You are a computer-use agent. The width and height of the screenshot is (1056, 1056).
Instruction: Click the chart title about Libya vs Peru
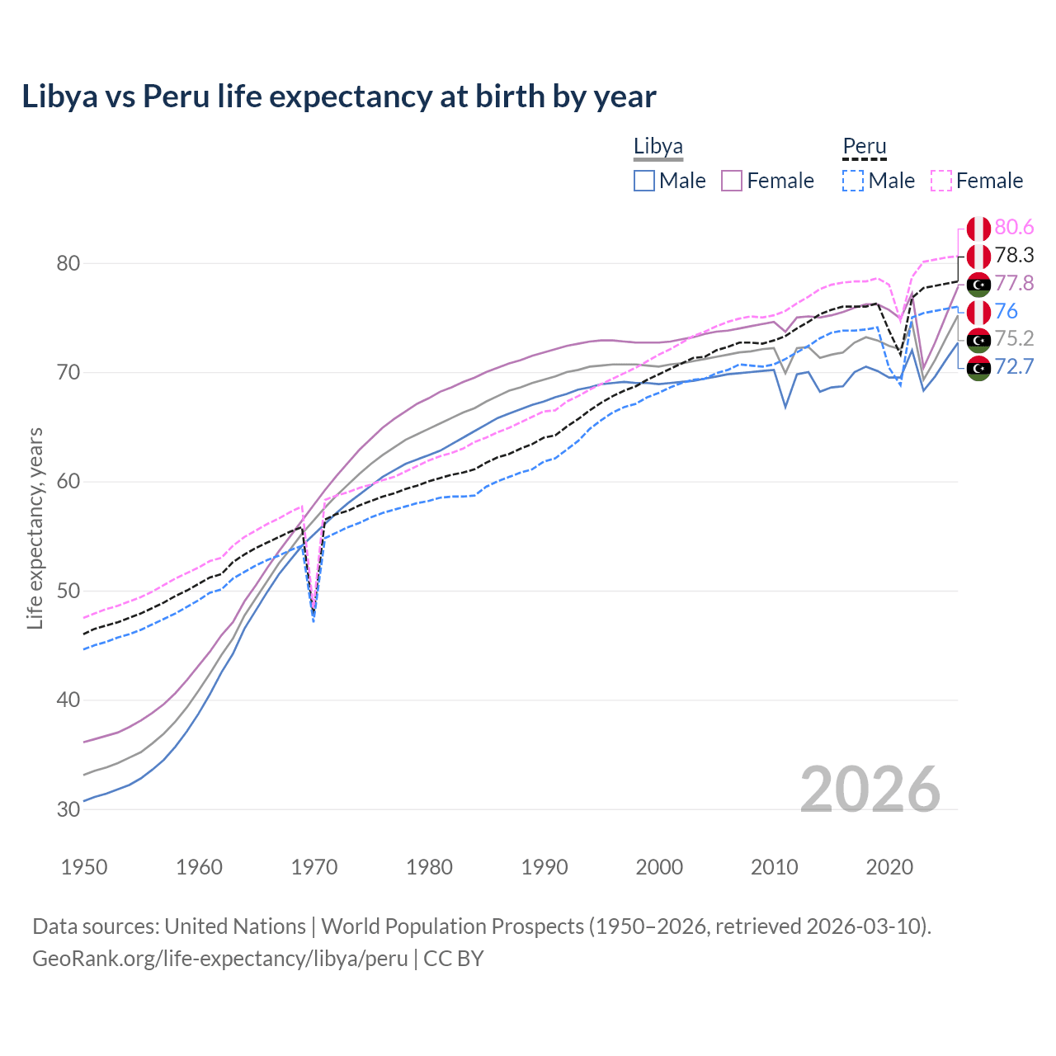[339, 97]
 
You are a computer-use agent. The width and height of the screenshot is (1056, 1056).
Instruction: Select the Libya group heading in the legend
[658, 147]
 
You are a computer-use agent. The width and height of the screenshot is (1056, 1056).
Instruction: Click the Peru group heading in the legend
[864, 147]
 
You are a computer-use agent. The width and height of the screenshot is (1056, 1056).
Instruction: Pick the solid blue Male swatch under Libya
[644, 181]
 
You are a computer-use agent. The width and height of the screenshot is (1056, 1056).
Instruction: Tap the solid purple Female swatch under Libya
[732, 181]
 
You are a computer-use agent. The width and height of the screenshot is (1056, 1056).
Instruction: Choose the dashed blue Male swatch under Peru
[853, 181]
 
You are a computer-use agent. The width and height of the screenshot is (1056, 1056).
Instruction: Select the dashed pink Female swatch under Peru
[941, 181]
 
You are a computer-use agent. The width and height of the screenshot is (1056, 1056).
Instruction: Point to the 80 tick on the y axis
[68, 264]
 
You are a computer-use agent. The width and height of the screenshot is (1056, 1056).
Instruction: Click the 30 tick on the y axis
[68, 809]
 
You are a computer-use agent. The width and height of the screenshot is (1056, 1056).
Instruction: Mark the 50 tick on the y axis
[68, 592]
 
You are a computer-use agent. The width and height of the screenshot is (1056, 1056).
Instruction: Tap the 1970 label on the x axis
[314, 867]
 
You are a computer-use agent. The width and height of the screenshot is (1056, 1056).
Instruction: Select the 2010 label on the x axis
[774, 867]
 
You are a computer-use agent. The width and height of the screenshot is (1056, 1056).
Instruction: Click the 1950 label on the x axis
[84, 867]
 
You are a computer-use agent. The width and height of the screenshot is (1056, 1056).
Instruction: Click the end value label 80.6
[1014, 228]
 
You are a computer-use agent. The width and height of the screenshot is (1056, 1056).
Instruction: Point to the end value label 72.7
[1014, 366]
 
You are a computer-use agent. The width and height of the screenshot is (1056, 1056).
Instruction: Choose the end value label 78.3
[1014, 256]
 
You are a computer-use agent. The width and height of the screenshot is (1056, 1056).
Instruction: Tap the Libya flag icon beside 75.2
[978, 339]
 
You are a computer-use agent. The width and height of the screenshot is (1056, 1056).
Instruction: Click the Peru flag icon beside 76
[978, 312]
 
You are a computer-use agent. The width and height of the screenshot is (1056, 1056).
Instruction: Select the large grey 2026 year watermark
[870, 790]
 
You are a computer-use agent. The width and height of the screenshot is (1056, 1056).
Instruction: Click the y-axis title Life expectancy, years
[35, 528]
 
